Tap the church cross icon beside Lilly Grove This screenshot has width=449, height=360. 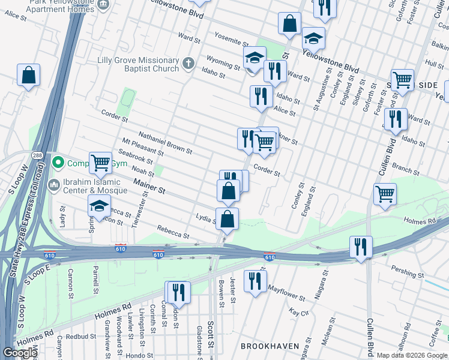[188, 63]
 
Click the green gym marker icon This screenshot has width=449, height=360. [58, 163]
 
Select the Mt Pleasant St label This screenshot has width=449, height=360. [143, 147]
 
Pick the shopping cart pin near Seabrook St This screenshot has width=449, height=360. [100, 162]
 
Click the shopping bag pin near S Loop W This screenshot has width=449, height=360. [28, 76]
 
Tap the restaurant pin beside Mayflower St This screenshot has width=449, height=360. [256, 281]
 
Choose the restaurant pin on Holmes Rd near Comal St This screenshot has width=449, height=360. [178, 292]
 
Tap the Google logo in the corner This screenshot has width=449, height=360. [20, 353]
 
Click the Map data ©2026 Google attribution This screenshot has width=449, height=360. [412, 355]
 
